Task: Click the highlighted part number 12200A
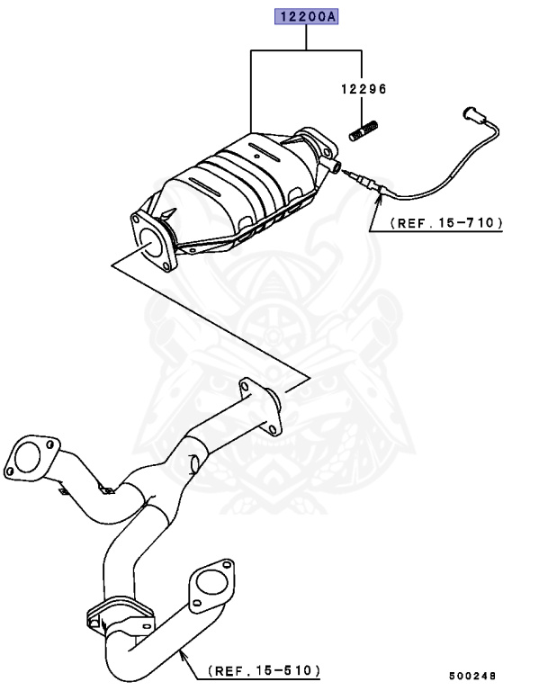(307, 17)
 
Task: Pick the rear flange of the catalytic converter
(314, 144)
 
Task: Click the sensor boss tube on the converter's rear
(333, 166)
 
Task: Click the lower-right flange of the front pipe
(215, 587)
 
